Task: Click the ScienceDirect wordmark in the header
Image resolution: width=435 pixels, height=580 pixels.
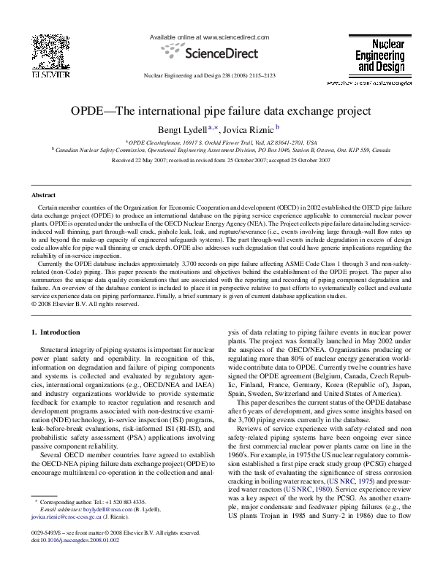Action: pos(216,53)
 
